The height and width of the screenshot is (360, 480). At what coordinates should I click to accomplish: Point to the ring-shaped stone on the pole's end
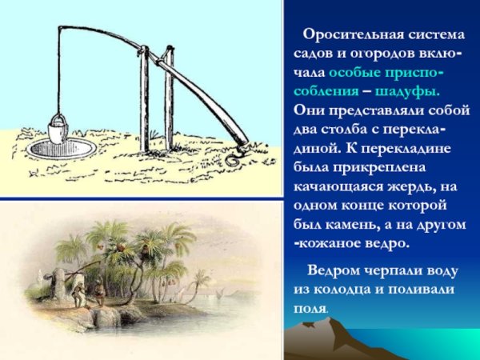pos(233,158)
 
